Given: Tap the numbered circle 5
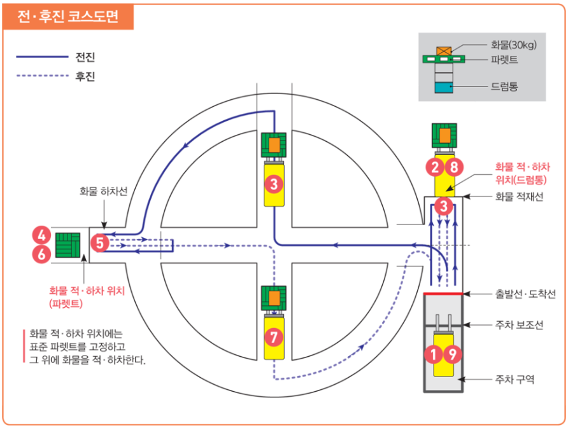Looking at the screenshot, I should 101,242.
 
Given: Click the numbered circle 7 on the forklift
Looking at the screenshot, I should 273,338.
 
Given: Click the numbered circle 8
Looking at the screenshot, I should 453,167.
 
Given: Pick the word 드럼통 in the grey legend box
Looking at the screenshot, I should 504,86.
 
